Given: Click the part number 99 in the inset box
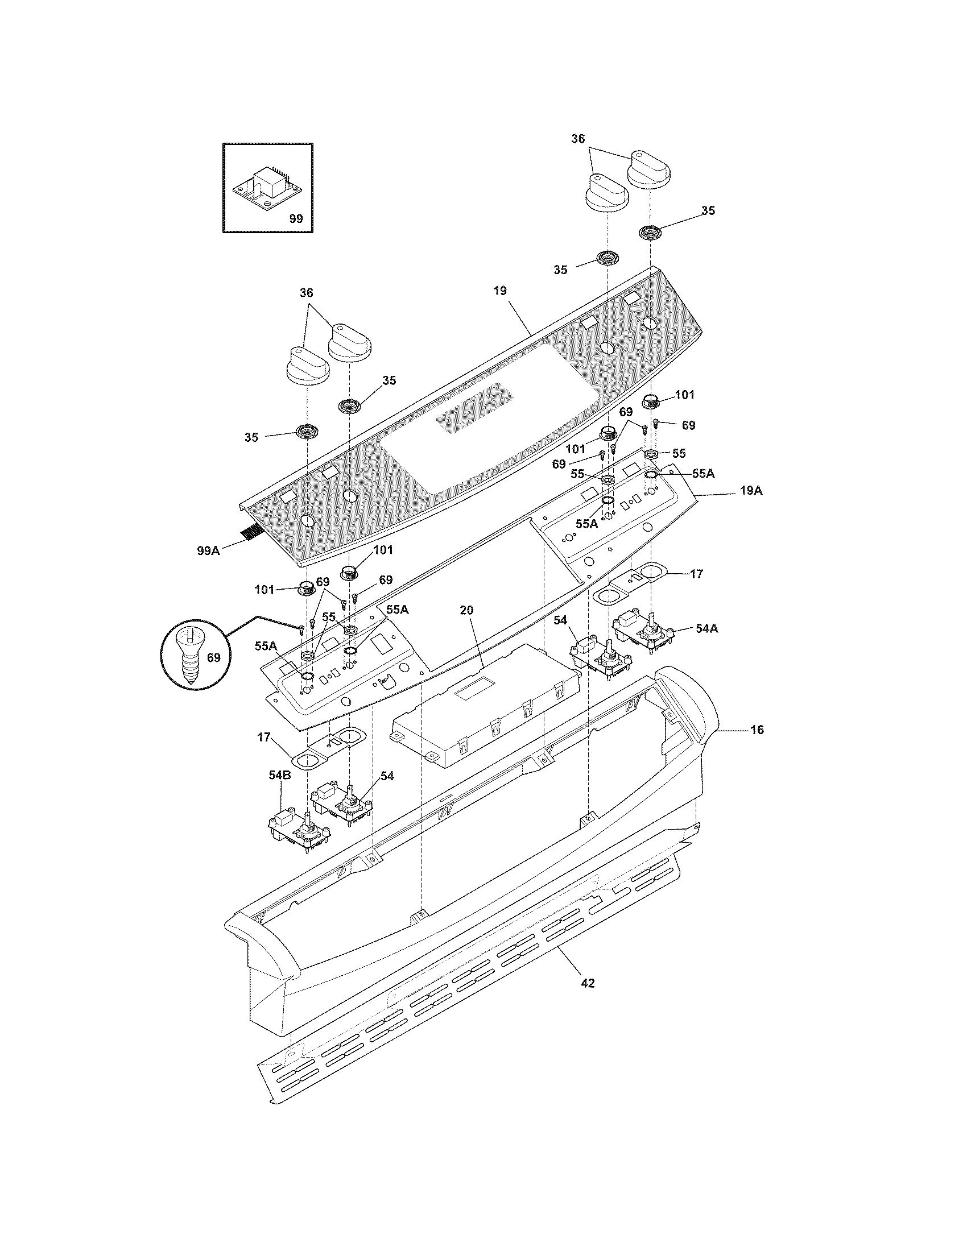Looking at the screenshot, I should click(296, 218).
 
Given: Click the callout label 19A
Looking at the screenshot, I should click(751, 491).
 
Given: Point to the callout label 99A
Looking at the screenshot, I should click(209, 550).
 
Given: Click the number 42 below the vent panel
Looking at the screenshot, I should click(588, 984).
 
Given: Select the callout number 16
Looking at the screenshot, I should click(757, 730).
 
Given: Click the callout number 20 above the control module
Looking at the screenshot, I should click(467, 610).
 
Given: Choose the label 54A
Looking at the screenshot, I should click(707, 628).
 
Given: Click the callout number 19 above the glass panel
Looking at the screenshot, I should click(499, 291).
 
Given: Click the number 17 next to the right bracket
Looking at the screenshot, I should click(696, 573).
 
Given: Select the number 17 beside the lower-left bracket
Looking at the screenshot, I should click(263, 737).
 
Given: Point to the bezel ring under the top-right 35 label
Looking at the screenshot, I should click(650, 233).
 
